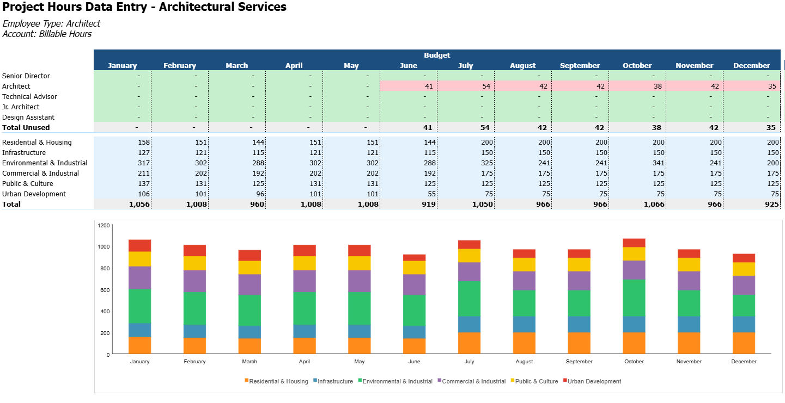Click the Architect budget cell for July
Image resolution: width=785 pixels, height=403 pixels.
point(466,86)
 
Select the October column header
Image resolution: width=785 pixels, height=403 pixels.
point(637,65)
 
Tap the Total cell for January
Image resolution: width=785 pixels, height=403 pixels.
point(123,204)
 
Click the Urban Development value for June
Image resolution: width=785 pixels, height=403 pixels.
point(409,194)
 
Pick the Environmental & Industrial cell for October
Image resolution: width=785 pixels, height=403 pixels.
point(637,163)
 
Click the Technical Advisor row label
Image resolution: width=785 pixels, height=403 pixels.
point(29,96)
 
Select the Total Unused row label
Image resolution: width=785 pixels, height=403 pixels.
point(26,127)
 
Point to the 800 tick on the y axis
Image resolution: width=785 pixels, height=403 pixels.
point(104,268)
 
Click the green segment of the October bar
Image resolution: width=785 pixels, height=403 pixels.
point(634,297)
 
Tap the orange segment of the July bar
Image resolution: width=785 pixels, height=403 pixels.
point(470,343)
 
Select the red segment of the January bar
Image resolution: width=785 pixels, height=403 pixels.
point(140,245)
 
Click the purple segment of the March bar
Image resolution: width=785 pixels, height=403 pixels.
point(250,284)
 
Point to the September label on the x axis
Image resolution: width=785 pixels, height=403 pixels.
point(579,362)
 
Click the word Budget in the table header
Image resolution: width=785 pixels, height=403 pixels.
point(437,55)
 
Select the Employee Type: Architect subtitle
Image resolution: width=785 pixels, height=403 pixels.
point(51,23)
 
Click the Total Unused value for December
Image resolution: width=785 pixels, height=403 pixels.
point(752,127)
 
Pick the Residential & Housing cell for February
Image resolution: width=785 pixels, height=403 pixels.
point(180,142)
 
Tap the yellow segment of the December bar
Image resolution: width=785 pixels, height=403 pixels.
point(744,269)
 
